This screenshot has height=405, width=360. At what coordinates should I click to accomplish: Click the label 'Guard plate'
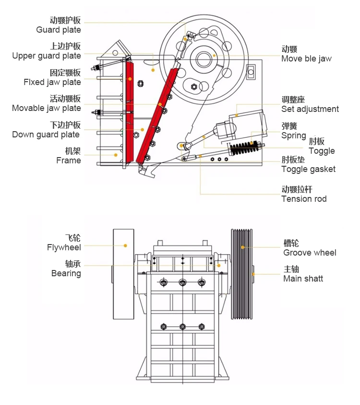[59, 30]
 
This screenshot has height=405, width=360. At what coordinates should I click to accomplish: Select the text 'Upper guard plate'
[47, 56]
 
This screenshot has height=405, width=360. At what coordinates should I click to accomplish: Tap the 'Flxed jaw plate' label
[52, 82]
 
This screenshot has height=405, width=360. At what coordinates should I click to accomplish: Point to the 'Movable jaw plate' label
[47, 108]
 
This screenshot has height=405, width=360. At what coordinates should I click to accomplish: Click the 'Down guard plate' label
[47, 135]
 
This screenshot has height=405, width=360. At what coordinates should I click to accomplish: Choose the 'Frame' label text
[69, 160]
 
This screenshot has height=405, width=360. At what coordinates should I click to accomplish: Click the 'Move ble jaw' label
[306, 59]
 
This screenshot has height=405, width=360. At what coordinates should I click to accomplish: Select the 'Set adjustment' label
[310, 109]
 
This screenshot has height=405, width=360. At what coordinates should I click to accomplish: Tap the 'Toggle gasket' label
[308, 169]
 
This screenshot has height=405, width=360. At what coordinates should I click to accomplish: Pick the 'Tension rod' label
[304, 199]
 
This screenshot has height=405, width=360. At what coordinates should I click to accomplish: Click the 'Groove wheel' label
[310, 253]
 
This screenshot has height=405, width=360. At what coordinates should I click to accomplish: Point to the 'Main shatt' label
[303, 279]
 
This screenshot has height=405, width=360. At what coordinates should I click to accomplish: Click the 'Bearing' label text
[66, 273]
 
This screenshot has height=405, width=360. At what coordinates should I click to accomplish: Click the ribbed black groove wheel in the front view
[242, 274]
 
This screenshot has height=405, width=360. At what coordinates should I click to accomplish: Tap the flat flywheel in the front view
[123, 274]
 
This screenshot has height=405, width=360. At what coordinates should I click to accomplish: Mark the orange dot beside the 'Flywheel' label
[125, 245]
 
